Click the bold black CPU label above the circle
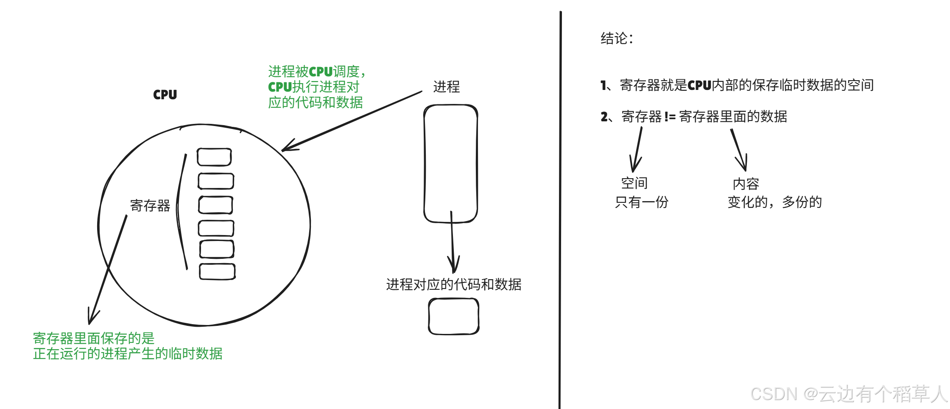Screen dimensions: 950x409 [x=165, y=95]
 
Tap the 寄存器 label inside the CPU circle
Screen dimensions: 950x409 [x=150, y=206]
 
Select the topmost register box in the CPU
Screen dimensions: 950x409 [x=214, y=157]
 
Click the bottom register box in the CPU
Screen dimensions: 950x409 [x=217, y=272]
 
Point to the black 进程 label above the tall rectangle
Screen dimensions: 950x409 [x=446, y=87]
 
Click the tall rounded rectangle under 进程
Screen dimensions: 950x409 [x=451, y=163]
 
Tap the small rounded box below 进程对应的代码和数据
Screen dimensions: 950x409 [x=453, y=317]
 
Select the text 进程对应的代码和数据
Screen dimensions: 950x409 [x=453, y=284]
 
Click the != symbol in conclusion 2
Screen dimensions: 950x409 [x=670, y=117]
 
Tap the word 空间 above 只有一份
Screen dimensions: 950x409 [x=634, y=183]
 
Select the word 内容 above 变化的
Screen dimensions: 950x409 [x=746, y=184]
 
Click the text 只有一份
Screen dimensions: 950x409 [x=641, y=202]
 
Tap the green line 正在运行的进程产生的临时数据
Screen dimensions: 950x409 [x=128, y=354]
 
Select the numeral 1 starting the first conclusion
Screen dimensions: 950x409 [x=604, y=86]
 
